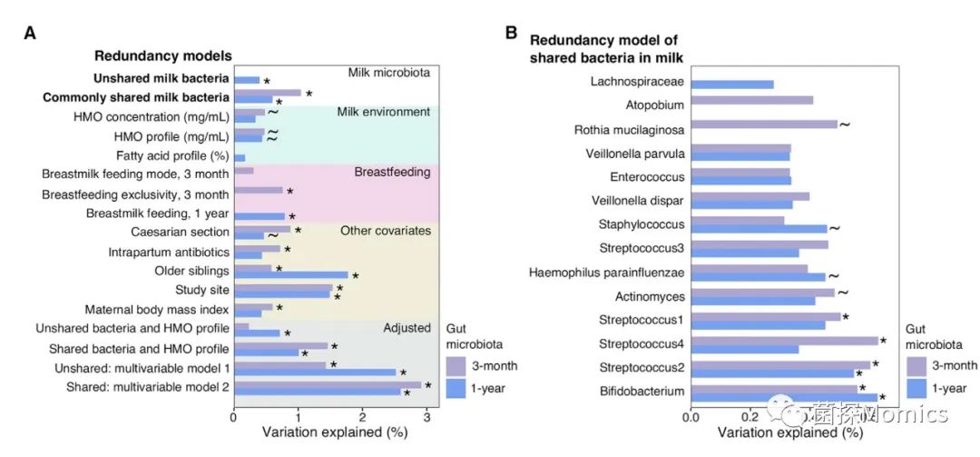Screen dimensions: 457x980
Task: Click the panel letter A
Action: (30, 34)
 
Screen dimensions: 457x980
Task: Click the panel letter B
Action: (511, 34)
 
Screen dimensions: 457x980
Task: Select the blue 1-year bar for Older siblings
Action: (290, 275)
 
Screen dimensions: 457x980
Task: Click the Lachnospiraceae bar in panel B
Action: (732, 84)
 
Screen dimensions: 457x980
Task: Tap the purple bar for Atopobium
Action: (751, 100)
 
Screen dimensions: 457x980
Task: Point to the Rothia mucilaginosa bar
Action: (763, 124)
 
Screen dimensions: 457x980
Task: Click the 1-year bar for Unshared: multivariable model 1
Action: (315, 372)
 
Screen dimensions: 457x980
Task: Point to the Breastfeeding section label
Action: (392, 172)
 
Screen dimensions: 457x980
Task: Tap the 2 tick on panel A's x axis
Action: (362, 418)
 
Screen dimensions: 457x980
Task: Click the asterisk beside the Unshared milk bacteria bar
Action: (267, 82)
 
